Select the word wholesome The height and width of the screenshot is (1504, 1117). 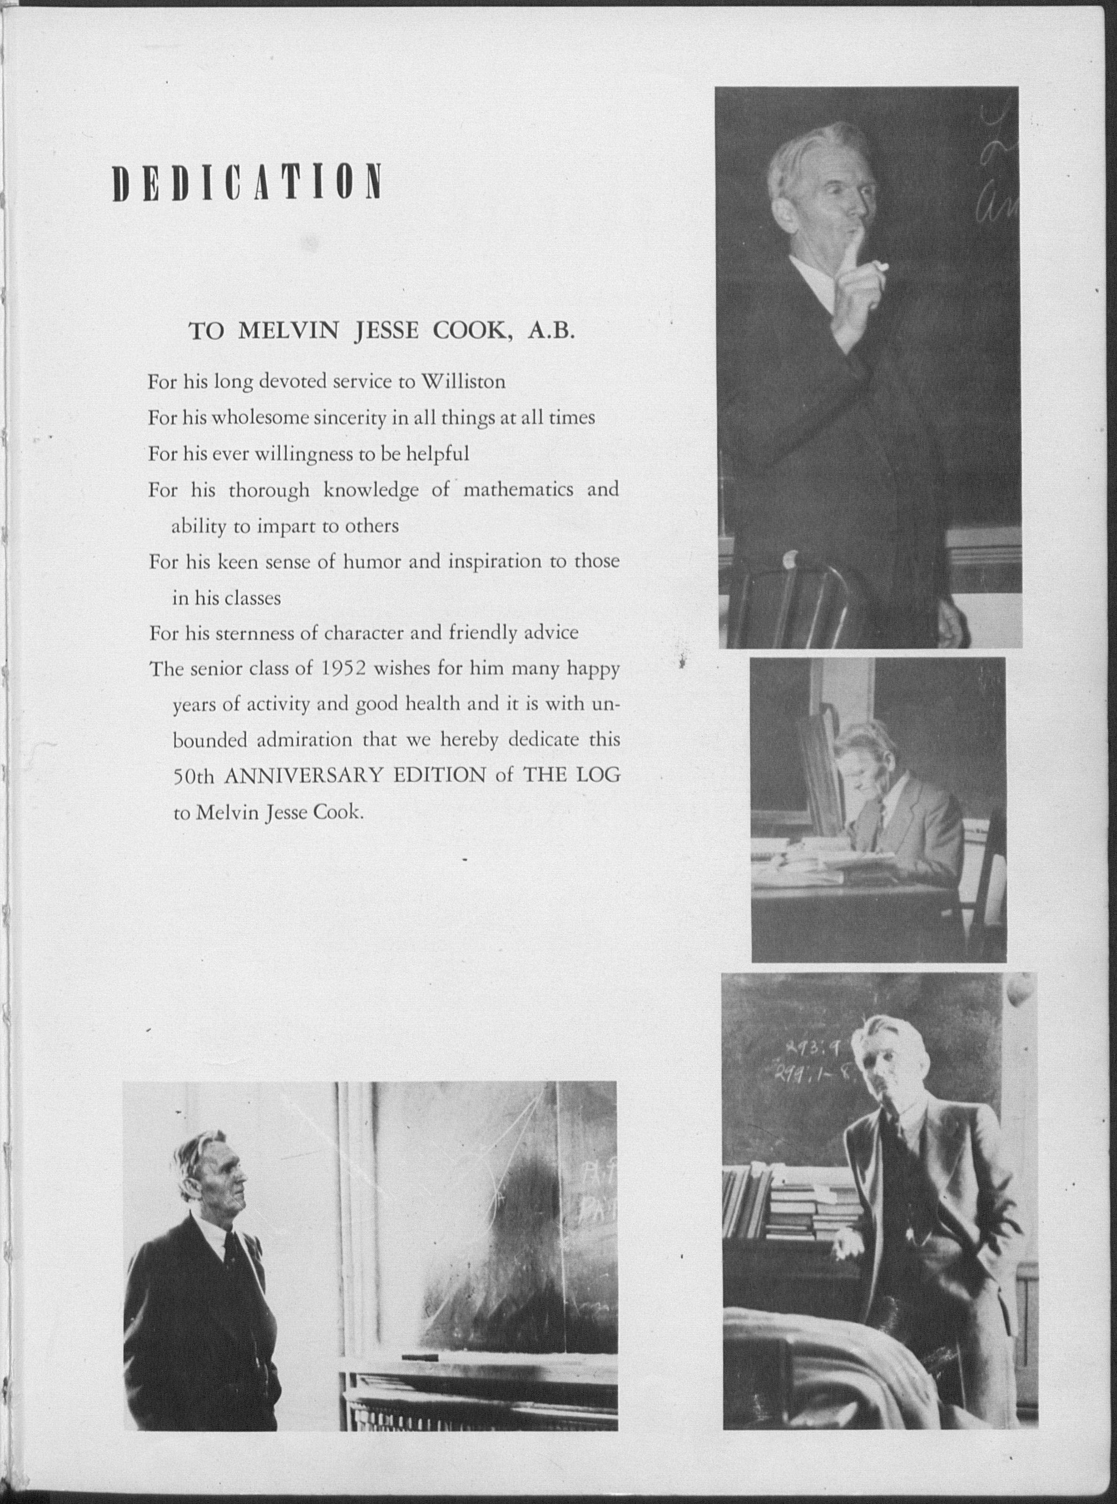[x=260, y=418]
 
